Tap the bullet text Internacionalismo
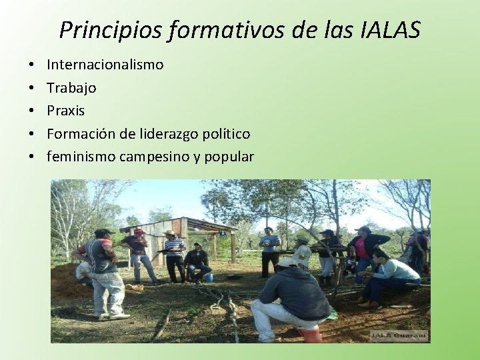[105, 65]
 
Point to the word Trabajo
[71, 87]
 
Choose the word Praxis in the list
[65, 110]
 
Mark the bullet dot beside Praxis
[31, 111]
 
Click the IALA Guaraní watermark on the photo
[408, 335]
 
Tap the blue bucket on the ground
[209, 277]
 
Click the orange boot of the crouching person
[311, 333]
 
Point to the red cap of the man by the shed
[138, 231]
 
